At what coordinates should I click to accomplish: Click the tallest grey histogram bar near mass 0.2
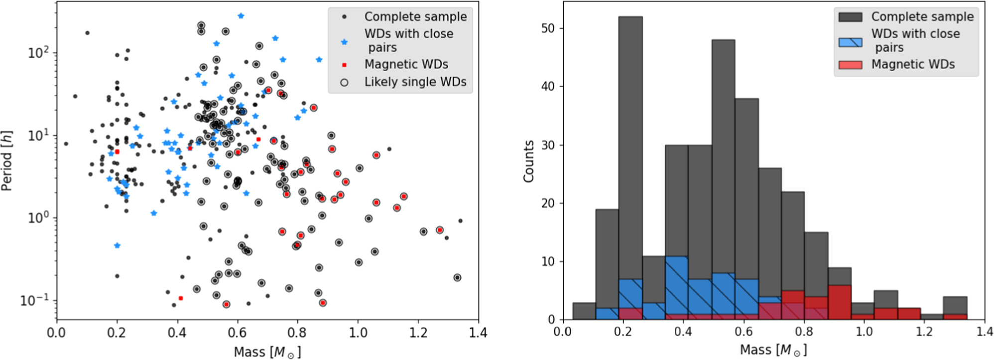click(630, 168)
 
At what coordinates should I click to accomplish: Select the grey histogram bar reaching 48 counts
click(723, 179)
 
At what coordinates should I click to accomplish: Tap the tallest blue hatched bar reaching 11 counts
click(677, 287)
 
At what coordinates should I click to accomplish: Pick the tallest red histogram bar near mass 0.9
click(840, 302)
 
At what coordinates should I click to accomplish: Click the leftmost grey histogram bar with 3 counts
click(584, 310)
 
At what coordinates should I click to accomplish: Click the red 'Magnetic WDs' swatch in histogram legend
click(850, 65)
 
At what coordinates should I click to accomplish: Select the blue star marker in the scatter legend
click(344, 42)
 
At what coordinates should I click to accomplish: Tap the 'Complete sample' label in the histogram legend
click(922, 16)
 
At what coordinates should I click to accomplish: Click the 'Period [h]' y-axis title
click(6, 161)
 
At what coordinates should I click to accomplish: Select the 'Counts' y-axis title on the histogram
click(528, 161)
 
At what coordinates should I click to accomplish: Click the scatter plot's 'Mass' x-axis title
click(267, 352)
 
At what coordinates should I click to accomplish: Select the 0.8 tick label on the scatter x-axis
click(297, 332)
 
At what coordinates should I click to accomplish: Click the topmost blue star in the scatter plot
click(241, 16)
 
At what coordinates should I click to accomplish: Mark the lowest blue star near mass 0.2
click(117, 245)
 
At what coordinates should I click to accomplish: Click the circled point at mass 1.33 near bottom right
click(457, 278)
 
